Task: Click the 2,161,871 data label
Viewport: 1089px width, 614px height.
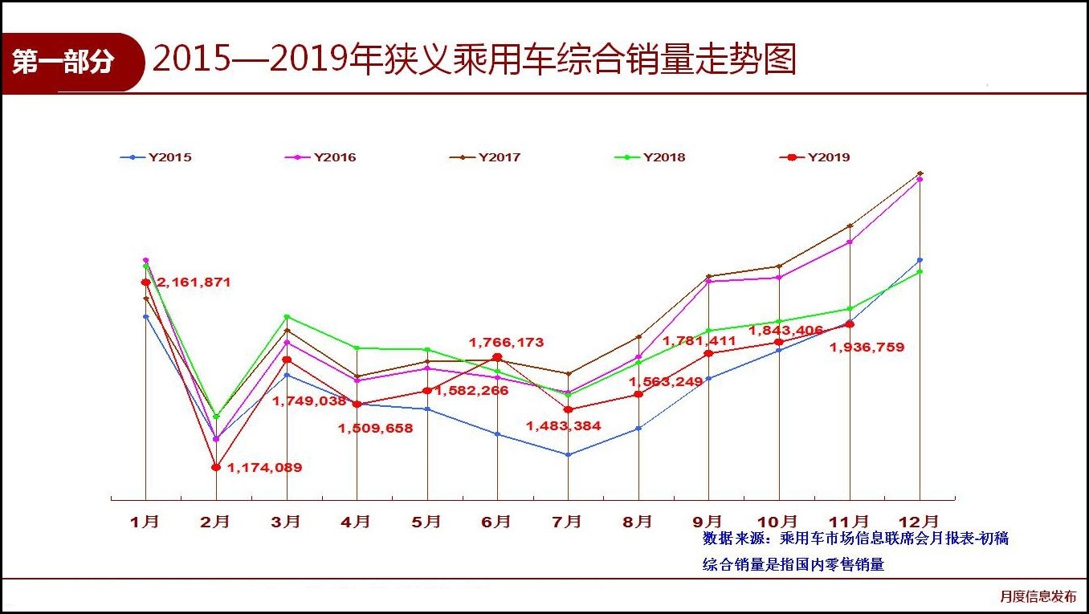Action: pyautogui.click(x=194, y=283)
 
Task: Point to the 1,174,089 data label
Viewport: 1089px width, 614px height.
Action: pyautogui.click(x=265, y=467)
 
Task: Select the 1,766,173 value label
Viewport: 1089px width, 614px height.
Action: pyautogui.click(x=507, y=343)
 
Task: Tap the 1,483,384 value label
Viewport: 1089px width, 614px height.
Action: pyautogui.click(x=564, y=426)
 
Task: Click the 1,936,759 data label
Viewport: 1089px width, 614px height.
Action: pyautogui.click(x=867, y=348)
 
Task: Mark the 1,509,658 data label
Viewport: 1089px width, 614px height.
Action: pyautogui.click(x=376, y=429)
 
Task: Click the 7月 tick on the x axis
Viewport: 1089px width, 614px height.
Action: pyautogui.click(x=567, y=522)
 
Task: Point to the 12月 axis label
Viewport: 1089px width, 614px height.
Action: pyautogui.click(x=919, y=522)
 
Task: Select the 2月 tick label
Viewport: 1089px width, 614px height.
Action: pyautogui.click(x=215, y=522)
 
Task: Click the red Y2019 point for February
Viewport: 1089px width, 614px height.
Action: pyautogui.click(x=215, y=467)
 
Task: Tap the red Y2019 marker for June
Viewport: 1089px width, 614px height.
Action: pyautogui.click(x=497, y=357)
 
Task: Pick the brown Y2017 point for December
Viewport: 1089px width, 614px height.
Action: pyautogui.click(x=920, y=173)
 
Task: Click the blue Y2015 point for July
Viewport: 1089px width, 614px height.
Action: pyautogui.click(x=568, y=454)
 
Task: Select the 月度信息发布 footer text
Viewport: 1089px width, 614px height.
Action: pyautogui.click(x=1038, y=596)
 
